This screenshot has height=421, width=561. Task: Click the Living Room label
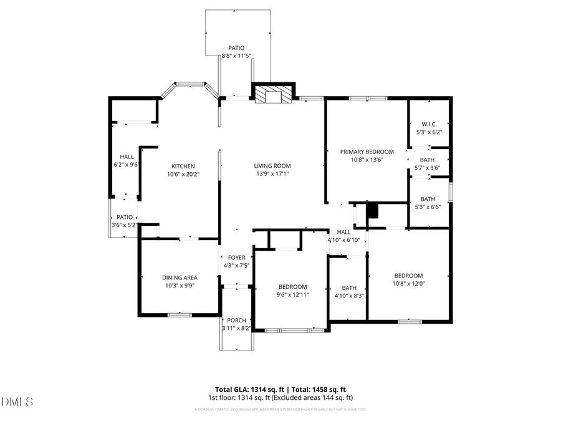[272, 166]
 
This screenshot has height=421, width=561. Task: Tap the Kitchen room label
[183, 167]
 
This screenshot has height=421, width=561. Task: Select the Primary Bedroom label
[367, 152]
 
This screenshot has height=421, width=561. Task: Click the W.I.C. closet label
[428, 123]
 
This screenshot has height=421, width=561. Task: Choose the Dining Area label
[180, 278]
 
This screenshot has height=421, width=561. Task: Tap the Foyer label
[236, 258]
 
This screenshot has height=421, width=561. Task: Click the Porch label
[236, 320]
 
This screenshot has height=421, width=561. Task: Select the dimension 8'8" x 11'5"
[236, 56]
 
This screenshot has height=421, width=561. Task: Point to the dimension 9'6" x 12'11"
[292, 295]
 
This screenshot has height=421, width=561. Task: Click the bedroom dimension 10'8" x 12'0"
[408, 284]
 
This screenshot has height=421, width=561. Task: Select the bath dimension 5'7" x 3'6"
[428, 168]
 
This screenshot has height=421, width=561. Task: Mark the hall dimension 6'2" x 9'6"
[127, 165]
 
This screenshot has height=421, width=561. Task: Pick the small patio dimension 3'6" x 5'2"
[124, 225]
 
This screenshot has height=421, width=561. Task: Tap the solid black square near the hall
[372, 211]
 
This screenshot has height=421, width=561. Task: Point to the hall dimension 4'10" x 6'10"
[343, 240]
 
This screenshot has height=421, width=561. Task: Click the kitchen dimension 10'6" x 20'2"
[183, 175]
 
